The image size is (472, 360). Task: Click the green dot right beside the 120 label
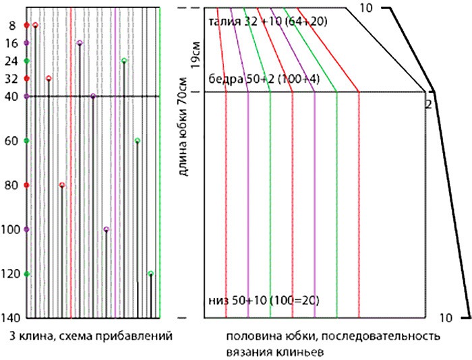[x=26, y=274]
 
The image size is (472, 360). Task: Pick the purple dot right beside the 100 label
[x=26, y=229]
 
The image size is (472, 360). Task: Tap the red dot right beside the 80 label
[x=26, y=185]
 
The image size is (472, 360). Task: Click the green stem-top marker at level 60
[x=138, y=141]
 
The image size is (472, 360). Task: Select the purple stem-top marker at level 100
[x=107, y=229]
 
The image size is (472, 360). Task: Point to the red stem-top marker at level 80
[x=62, y=185]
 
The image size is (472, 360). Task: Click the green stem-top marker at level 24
[x=124, y=61]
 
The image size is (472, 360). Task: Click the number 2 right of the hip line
[x=427, y=104]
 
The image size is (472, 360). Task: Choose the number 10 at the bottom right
[x=445, y=317]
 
